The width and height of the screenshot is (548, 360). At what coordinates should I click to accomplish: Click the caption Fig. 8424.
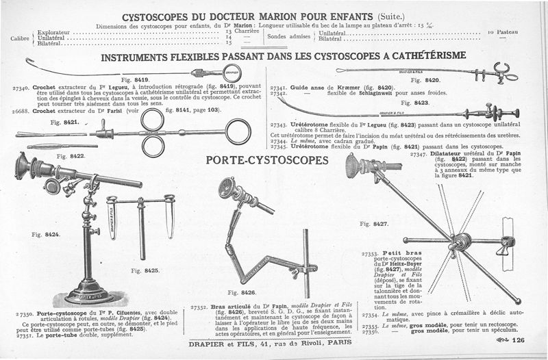coord(45,235)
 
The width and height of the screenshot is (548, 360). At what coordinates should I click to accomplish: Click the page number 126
coord(517,340)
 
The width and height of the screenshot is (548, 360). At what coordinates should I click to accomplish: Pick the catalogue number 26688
coord(21,110)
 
